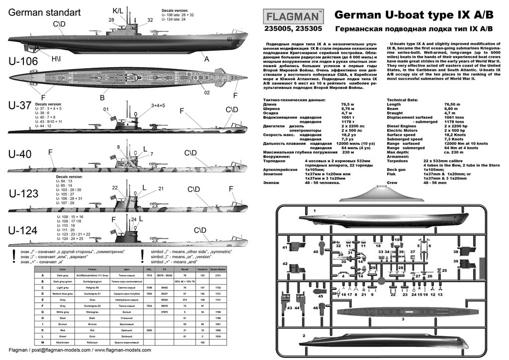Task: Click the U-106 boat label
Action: [x=23, y=61]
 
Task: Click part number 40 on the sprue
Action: [x=316, y=238]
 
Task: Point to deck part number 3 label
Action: [x=403, y=319]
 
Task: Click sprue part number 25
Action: [x=444, y=270]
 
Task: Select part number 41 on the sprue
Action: [x=285, y=247]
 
